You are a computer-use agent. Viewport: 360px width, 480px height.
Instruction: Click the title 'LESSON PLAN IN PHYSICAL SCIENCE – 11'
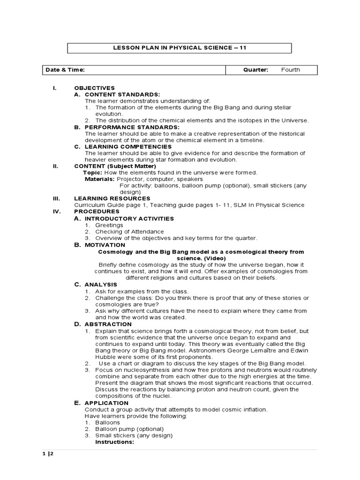pyautogui.click(x=180, y=48)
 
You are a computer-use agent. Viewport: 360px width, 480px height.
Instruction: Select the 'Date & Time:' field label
pyautogui.click(x=65, y=70)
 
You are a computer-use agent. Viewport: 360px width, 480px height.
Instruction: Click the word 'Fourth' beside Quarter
pyautogui.click(x=291, y=70)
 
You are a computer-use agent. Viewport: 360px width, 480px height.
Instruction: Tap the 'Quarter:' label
pyautogui.click(x=255, y=70)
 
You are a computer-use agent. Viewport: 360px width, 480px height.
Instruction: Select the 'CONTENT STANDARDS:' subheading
pyautogui.click(x=122, y=94)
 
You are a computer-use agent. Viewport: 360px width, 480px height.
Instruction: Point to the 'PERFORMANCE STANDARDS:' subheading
pyautogui.click(x=132, y=127)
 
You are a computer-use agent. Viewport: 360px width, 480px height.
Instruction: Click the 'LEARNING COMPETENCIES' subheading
pyautogui.click(x=128, y=147)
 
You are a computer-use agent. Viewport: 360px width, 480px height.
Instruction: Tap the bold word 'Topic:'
pyautogui.click(x=92, y=172)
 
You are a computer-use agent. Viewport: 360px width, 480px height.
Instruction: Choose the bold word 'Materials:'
pyautogui.click(x=99, y=179)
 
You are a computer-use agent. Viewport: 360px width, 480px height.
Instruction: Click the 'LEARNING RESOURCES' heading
pyautogui.click(x=112, y=198)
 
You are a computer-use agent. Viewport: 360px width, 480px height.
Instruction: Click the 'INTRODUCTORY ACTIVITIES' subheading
pyautogui.click(x=129, y=218)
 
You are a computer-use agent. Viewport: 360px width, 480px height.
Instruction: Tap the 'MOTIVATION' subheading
pyautogui.click(x=105, y=245)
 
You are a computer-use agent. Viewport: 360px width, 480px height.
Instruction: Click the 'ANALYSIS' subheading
pyautogui.click(x=101, y=285)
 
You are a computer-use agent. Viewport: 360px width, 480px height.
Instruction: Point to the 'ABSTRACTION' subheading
pyautogui.click(x=108, y=324)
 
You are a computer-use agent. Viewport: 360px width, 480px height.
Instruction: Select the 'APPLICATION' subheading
pyautogui.click(x=106, y=403)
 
